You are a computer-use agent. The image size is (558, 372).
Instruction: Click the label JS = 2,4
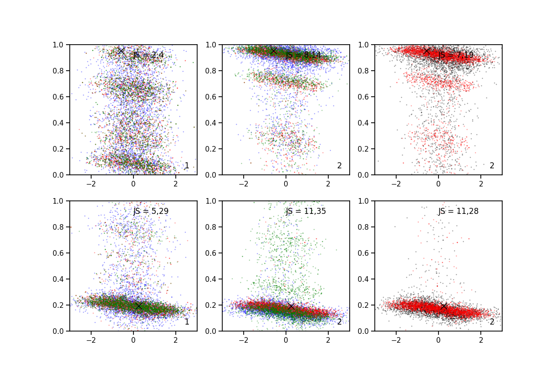pyautogui.click(x=148, y=55)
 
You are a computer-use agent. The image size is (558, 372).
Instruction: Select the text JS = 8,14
pyautogui.click(x=303, y=55)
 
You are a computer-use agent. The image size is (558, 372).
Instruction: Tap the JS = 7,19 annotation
pyautogui.click(x=456, y=55)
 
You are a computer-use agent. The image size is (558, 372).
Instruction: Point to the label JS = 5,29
pyautogui.click(x=151, y=211)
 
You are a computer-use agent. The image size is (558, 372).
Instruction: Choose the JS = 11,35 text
pyautogui.click(x=306, y=211)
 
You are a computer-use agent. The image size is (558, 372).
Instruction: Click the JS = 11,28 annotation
pyautogui.click(x=458, y=211)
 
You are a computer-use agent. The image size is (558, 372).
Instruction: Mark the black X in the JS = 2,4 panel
pyautogui.click(x=121, y=51)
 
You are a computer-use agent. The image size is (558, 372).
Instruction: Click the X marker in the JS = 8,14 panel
pyautogui.click(x=273, y=51)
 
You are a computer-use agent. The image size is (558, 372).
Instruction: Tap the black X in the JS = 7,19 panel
pyautogui.click(x=426, y=51)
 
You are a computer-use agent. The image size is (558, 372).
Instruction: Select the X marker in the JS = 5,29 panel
pyautogui.click(x=139, y=306)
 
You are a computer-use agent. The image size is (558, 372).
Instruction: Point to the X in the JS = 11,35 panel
pyautogui.click(x=291, y=306)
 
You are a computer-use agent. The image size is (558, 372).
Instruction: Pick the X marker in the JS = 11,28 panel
pyautogui.click(x=444, y=306)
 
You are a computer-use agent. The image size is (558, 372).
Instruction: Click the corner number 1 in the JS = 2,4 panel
pyautogui.click(x=186, y=166)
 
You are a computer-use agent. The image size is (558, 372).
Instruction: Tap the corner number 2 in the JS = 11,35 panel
pyautogui.click(x=339, y=322)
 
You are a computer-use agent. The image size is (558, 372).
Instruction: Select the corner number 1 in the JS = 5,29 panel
pyautogui.click(x=186, y=322)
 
